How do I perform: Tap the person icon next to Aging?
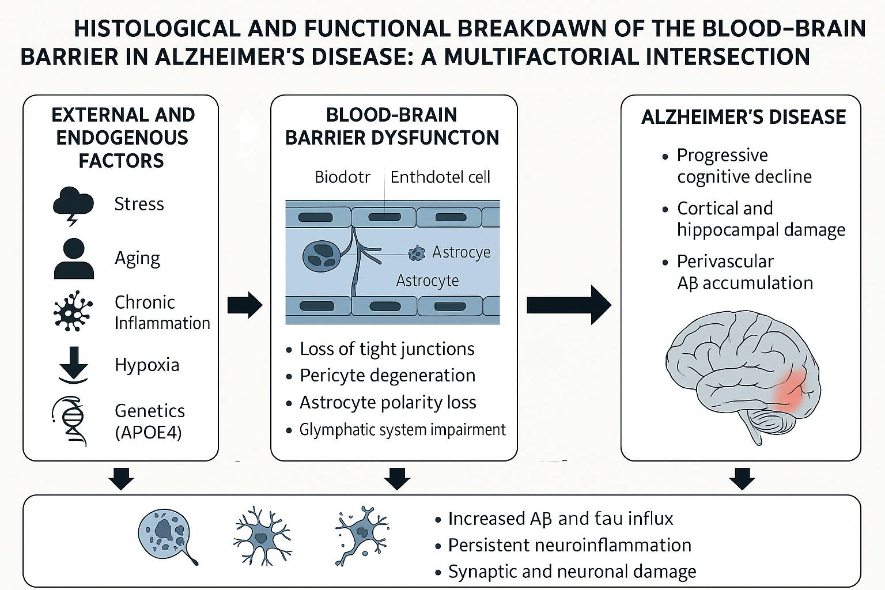(x=74, y=259)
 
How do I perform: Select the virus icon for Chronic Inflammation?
(x=73, y=311)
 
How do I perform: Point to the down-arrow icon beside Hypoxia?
(x=74, y=364)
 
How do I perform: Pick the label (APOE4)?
(x=148, y=432)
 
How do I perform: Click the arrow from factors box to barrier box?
(x=244, y=305)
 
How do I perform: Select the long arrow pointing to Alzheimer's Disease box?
(x=568, y=305)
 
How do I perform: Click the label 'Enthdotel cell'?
(x=440, y=177)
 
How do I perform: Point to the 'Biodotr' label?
(x=342, y=177)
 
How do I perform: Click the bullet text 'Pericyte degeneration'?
(x=387, y=376)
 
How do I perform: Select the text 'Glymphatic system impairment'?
(x=402, y=430)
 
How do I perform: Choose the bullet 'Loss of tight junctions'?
(x=387, y=349)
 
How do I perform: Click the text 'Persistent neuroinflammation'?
(x=569, y=545)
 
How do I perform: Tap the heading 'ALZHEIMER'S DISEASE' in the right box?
(x=743, y=117)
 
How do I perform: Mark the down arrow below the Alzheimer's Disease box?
(x=742, y=478)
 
